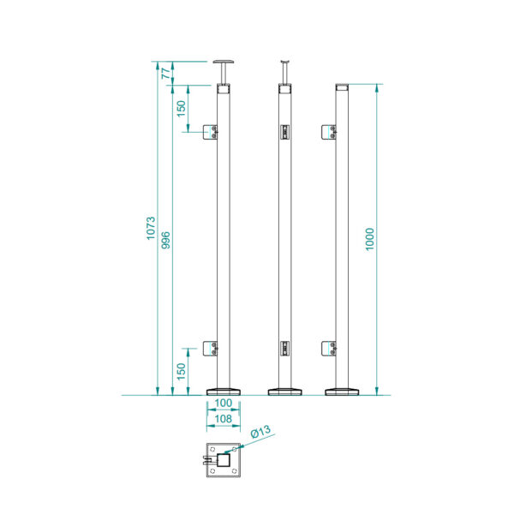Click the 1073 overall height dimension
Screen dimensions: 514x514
[x=151, y=228]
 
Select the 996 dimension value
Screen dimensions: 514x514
[x=166, y=240]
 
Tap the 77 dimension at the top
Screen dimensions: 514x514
[x=166, y=73]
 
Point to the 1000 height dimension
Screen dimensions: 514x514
[x=370, y=239]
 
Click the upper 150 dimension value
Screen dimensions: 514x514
[x=181, y=109]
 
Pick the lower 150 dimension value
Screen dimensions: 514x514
[x=181, y=372]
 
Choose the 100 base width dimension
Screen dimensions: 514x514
[x=224, y=403]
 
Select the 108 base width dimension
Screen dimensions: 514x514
[x=224, y=419]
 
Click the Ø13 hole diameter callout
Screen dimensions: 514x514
[x=261, y=432]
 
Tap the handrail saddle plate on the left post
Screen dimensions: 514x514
[x=224, y=62]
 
